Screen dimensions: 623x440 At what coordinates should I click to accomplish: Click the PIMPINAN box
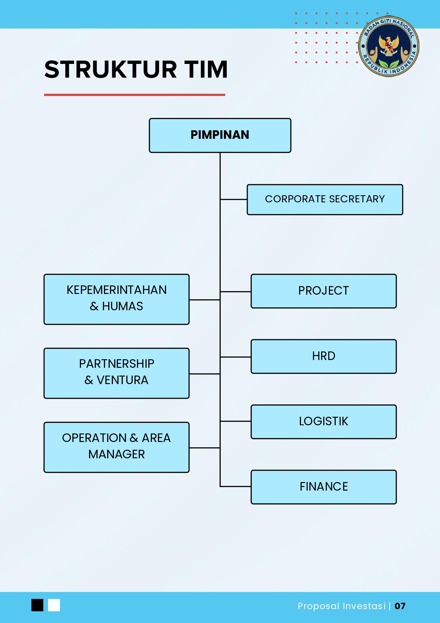220,135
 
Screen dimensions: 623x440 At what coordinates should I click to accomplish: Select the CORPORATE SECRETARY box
325,200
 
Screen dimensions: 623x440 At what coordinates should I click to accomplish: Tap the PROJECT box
323,291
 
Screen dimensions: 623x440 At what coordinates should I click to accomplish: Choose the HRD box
323,356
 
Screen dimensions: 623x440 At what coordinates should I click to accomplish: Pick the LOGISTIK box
323,422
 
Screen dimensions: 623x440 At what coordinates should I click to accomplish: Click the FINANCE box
323,487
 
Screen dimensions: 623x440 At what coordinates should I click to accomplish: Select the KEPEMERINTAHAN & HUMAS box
116,299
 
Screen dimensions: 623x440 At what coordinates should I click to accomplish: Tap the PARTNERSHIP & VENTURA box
116,373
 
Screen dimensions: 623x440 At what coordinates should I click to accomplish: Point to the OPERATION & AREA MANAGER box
116,447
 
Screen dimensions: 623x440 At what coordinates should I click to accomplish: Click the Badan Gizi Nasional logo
389,46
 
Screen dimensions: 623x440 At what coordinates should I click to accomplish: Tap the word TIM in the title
206,70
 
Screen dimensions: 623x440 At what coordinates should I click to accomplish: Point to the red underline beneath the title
134,95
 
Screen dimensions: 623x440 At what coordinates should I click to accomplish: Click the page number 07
400,606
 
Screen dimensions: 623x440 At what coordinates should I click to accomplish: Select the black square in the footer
37,605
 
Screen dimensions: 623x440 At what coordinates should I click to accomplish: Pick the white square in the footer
54,605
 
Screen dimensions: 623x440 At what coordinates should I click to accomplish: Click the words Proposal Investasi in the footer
341,606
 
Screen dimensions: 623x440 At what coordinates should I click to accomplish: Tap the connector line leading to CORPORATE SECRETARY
233,200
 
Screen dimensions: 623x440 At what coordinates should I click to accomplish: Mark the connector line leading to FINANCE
236,486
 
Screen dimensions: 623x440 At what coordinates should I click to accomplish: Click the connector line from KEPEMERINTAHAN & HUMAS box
204,300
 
